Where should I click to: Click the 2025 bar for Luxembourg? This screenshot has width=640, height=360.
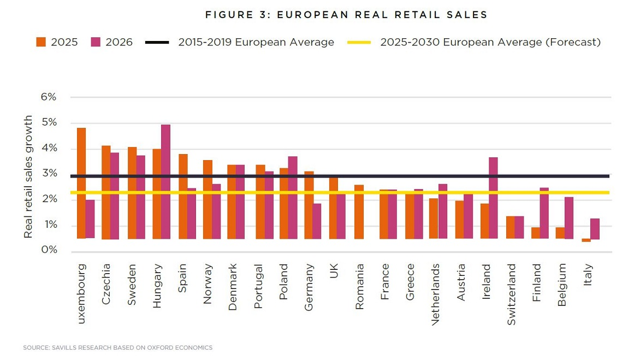pyautogui.click(x=81, y=183)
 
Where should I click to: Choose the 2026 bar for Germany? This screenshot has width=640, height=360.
pyautogui.click(x=317, y=221)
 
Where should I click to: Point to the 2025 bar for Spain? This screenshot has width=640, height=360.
pyautogui.click(x=183, y=196)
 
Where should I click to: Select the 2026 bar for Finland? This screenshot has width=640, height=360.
pyautogui.click(x=544, y=213)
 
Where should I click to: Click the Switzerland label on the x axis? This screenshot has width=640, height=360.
pyautogui.click(x=512, y=294)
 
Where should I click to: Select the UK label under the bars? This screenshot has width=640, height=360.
pyautogui.click(x=334, y=272)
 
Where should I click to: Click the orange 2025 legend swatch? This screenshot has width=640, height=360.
pyautogui.click(x=41, y=42)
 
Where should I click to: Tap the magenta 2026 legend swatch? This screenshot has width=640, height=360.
pyautogui.click(x=96, y=42)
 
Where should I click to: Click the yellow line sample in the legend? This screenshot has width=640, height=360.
pyautogui.click(x=359, y=42)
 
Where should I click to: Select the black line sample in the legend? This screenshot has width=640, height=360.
pyautogui.click(x=157, y=42)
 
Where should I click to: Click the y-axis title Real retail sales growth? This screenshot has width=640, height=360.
pyautogui.click(x=28, y=176)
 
